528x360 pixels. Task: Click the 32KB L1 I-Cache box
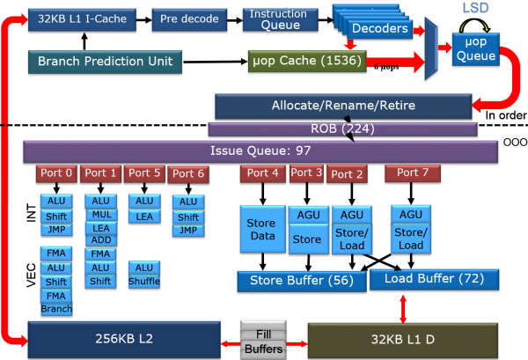coord(82,19)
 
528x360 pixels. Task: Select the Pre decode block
coord(189,19)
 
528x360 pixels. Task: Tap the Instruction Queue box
coord(280,19)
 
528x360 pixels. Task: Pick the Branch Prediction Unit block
coord(105,62)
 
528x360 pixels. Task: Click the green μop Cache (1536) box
coord(307,61)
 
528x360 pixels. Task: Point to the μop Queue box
coord(476,48)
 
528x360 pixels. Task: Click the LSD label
coord(475,8)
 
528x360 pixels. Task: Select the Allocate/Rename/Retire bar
coord(343,107)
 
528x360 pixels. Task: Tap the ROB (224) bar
coord(342,129)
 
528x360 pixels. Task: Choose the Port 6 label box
coord(188,174)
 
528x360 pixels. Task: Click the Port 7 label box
coord(413,173)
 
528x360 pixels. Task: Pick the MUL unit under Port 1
coord(101,215)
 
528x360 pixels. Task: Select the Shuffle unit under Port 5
coord(144,282)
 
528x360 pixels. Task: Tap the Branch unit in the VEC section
coord(56,309)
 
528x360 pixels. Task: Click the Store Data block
coord(262,229)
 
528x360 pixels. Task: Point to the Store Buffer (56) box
coord(302,281)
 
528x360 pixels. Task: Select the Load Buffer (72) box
coord(434,279)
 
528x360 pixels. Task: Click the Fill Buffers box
coord(263,340)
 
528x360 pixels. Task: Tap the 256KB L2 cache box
coord(124,340)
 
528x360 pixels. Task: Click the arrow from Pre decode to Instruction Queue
coord(235,20)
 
